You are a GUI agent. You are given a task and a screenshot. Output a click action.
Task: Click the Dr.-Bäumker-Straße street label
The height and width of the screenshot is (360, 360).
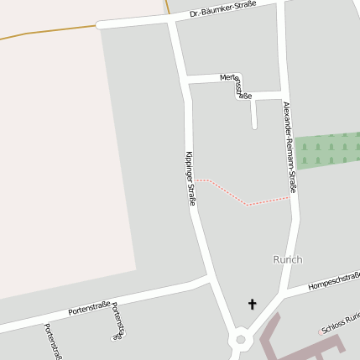pyautogui.click(x=222, y=10)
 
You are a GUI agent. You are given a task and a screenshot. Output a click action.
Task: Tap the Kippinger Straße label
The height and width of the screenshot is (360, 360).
pyautogui.click(x=190, y=179)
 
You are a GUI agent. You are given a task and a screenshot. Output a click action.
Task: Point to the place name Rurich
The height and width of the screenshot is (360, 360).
pyautogui.click(x=287, y=259)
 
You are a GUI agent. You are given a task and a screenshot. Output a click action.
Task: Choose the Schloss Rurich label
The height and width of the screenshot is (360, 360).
pyautogui.click(x=340, y=323)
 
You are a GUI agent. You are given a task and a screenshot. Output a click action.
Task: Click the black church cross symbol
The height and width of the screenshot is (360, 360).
pyautogui.click(x=252, y=304)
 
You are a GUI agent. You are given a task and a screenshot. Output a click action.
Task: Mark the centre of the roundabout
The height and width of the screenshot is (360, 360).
pyautogui.click(x=241, y=340)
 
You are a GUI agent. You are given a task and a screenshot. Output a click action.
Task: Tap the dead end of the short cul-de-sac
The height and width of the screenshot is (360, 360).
pyautogui.click(x=253, y=127)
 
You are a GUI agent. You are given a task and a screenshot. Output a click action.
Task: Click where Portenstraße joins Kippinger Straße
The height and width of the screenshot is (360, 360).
pyautogui.click(x=206, y=278)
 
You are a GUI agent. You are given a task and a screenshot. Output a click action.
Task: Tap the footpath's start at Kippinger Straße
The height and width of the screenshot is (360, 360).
pyautogui.click(x=196, y=180)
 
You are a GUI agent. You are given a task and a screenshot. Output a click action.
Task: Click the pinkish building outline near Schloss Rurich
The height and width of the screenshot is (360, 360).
pyautogui.click(x=285, y=344)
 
